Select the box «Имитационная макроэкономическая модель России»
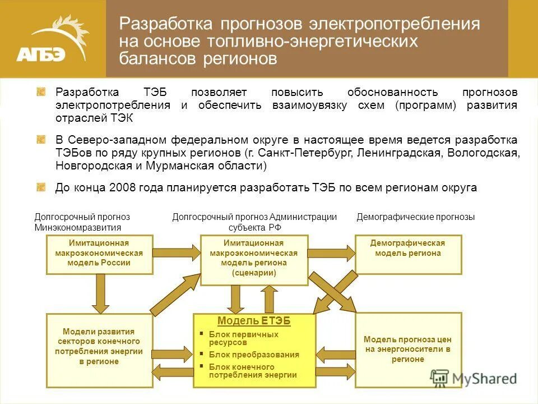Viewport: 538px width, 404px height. click(100, 254)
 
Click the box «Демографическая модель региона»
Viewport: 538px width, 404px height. click(408, 254)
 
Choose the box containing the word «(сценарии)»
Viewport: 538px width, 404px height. click(254, 260)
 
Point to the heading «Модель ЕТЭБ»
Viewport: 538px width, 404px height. click(254, 321)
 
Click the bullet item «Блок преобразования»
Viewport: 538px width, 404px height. click(254, 355)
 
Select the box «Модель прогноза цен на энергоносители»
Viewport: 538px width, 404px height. click(408, 349)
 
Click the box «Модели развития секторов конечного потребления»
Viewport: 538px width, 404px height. click(99, 347)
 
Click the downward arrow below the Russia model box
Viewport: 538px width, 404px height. click(101, 293)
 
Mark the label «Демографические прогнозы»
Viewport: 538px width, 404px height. click(415, 217)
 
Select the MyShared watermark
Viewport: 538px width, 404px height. click(474, 378)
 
